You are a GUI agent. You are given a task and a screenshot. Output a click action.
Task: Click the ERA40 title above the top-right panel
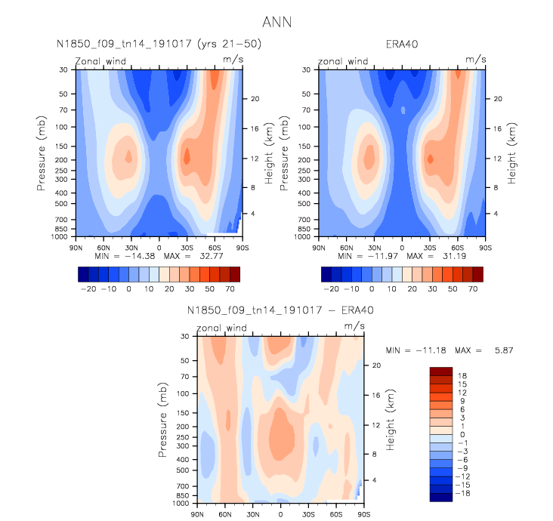click(x=402, y=45)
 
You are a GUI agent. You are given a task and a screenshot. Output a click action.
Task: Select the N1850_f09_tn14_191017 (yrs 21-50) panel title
click(x=159, y=45)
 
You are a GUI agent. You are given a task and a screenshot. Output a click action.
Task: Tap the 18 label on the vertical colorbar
click(x=461, y=375)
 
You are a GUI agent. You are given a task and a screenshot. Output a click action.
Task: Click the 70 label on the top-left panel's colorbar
click(x=233, y=289)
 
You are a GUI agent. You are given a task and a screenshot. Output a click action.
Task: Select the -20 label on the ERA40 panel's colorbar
click(x=330, y=289)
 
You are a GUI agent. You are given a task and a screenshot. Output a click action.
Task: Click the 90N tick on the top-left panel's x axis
click(x=75, y=247)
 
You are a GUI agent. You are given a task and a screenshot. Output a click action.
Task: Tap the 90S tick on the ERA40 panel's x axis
click(x=485, y=247)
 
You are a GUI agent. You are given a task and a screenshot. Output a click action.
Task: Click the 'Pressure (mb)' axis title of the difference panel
click(x=164, y=420)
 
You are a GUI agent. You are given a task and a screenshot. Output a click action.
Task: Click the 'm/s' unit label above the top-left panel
click(x=232, y=59)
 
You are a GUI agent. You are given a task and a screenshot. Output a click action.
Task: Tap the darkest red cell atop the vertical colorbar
click(x=440, y=371)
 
